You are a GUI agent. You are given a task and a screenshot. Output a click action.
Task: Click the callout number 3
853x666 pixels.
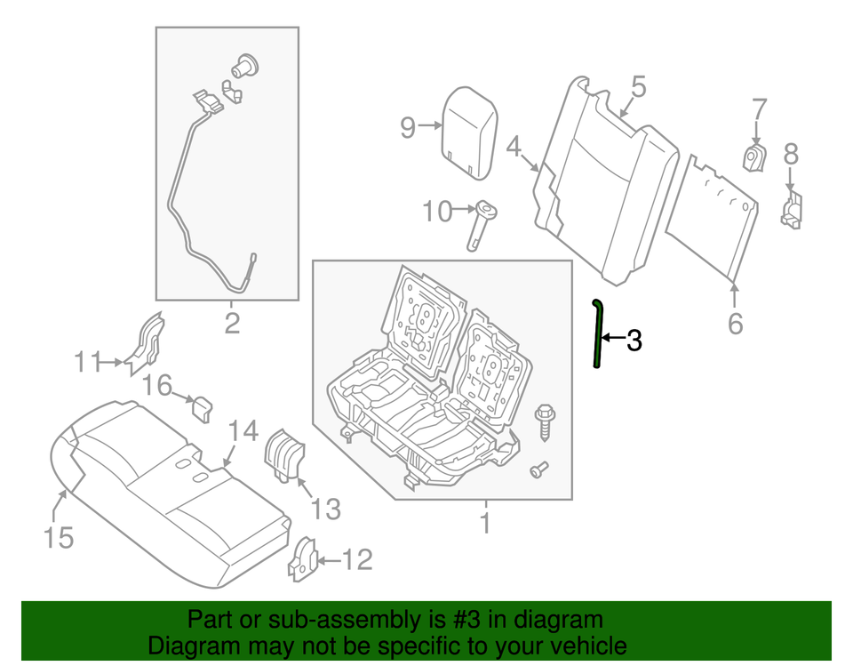(633, 339)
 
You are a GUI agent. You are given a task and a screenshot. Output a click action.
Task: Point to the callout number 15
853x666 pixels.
(59, 537)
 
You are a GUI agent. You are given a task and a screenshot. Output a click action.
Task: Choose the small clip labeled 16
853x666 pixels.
(203, 408)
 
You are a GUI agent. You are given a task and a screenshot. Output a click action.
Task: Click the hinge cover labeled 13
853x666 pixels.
(286, 454)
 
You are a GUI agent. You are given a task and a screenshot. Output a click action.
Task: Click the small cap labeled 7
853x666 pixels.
(754, 158)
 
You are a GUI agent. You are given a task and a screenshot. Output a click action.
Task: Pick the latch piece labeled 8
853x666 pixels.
(791, 209)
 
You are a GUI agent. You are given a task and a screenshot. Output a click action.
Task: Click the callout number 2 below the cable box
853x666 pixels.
(231, 323)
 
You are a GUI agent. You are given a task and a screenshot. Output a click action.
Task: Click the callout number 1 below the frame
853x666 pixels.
(484, 524)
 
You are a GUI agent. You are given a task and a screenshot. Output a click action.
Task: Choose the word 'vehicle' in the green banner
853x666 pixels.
(584, 646)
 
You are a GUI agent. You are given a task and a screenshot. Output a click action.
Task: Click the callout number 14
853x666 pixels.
(243, 432)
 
